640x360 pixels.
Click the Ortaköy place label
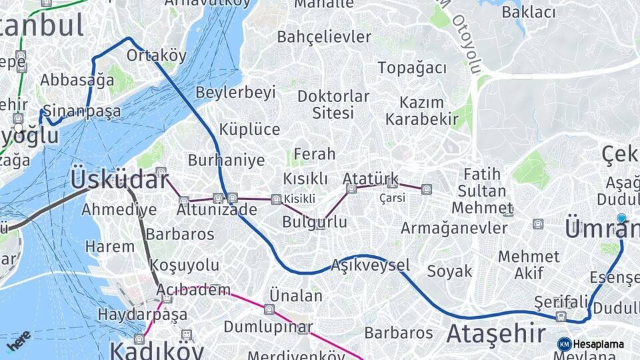(156, 55)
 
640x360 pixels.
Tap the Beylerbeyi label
(235, 93)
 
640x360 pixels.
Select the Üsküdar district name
(119, 179)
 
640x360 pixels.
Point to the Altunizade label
(217, 209)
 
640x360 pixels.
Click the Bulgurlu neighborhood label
(314, 222)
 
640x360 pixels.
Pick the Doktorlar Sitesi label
(333, 105)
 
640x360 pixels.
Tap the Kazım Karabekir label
(422, 111)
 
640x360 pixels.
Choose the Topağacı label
(412, 68)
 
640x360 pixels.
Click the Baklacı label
(529, 12)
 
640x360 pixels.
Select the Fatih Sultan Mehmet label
(482, 191)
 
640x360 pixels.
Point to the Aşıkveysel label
(370, 265)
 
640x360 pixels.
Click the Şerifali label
(561, 302)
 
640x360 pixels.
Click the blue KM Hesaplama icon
(565, 344)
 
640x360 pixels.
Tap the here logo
(17, 341)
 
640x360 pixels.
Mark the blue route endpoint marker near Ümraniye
(621, 218)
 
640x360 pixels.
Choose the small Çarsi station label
(392, 198)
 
